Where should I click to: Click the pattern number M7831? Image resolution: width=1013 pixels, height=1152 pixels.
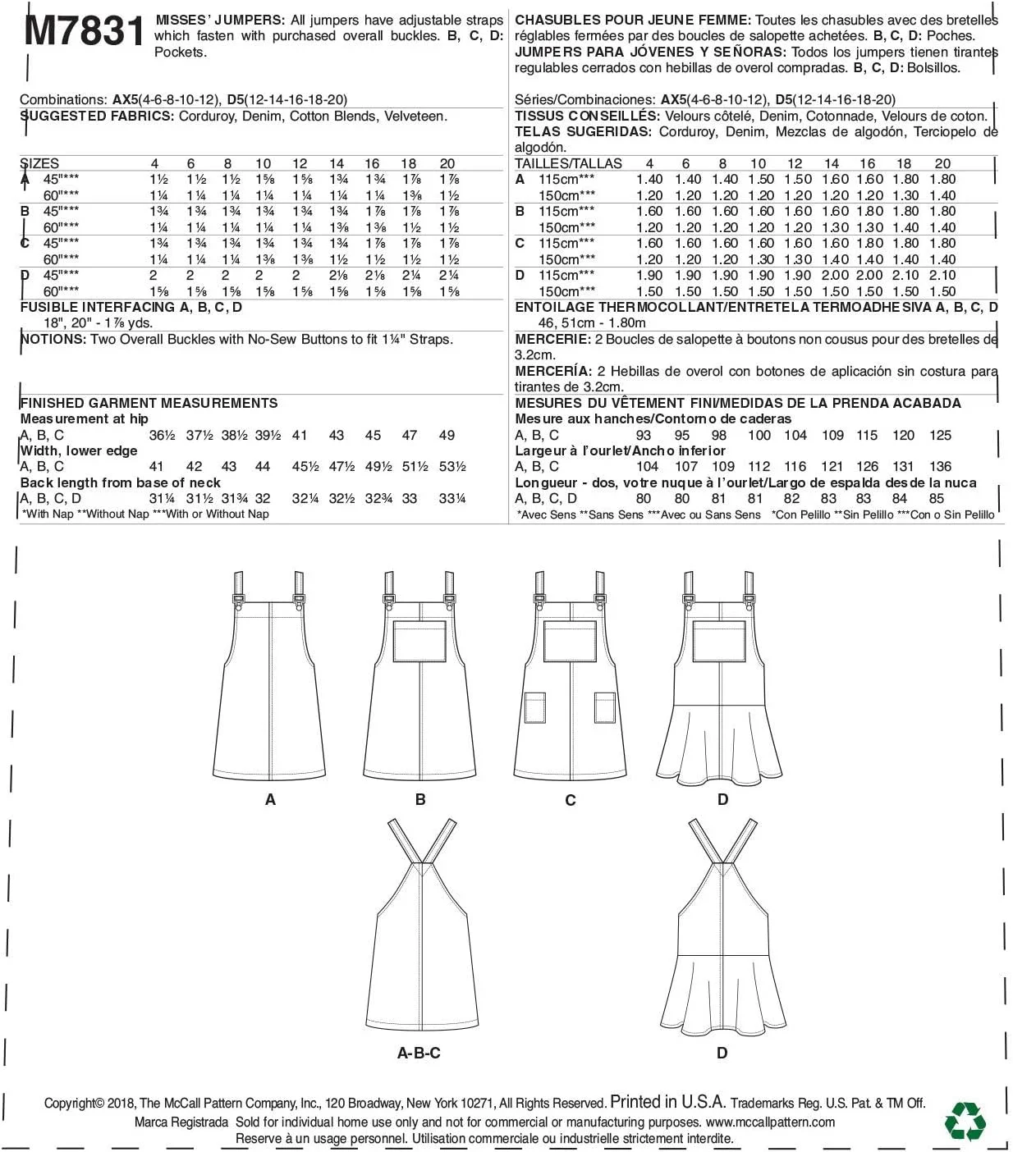pyautogui.click(x=85, y=31)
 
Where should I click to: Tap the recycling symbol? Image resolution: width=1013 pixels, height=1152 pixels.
pyautogui.click(x=965, y=1121)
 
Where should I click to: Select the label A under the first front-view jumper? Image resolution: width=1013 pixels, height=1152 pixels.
pyautogui.click(x=270, y=799)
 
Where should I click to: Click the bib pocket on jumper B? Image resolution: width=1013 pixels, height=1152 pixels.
pyautogui.click(x=420, y=642)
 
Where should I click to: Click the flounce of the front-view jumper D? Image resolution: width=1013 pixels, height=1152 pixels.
pyautogui.click(x=722, y=747)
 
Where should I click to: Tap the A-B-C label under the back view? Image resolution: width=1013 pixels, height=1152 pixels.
pyautogui.click(x=419, y=1053)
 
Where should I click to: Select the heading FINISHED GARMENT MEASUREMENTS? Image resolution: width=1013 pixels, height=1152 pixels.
pyautogui.click(x=149, y=403)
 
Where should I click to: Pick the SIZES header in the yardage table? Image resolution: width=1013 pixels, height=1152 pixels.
pyautogui.click(x=39, y=163)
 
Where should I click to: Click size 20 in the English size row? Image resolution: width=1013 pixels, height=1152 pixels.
pyautogui.click(x=447, y=163)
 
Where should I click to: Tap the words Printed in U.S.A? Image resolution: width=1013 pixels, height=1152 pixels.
pyautogui.click(x=667, y=1102)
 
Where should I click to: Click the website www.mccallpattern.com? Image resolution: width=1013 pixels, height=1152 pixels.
pyautogui.click(x=769, y=1122)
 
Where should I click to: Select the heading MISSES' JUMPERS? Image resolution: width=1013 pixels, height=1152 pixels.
pyautogui.click(x=220, y=20)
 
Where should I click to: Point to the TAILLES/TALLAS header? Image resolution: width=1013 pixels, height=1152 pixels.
pyautogui.click(x=568, y=163)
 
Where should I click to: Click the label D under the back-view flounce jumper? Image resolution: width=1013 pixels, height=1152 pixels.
pyautogui.click(x=722, y=1053)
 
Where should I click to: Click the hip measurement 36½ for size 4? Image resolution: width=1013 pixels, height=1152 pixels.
pyautogui.click(x=162, y=435)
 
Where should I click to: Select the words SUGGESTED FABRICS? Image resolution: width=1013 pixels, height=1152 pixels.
pyautogui.click(x=96, y=116)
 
